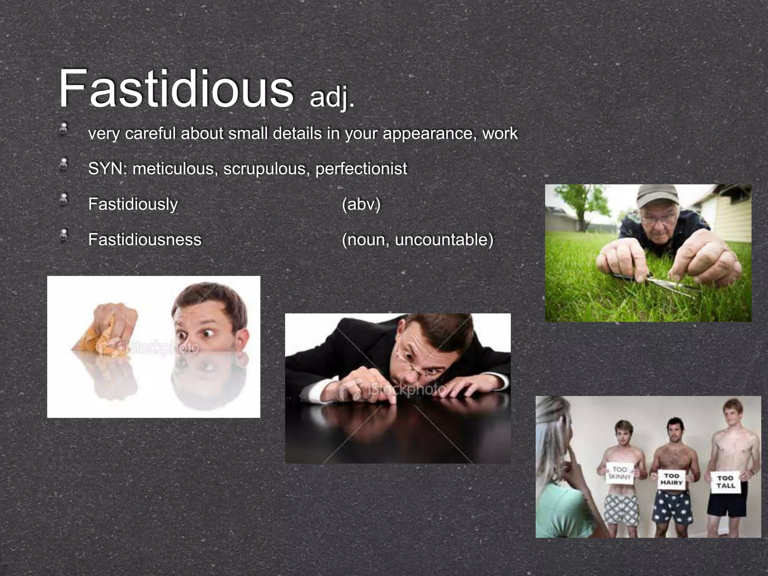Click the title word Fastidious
coord(175,89)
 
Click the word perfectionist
coord(361,169)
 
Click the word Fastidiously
coord(133,204)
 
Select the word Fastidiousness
coord(145,240)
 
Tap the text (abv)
coord(361,204)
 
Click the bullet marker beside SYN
coord(64,164)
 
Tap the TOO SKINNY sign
coord(619,473)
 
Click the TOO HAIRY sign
coord(671,480)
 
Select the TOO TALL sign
coord(726,482)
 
